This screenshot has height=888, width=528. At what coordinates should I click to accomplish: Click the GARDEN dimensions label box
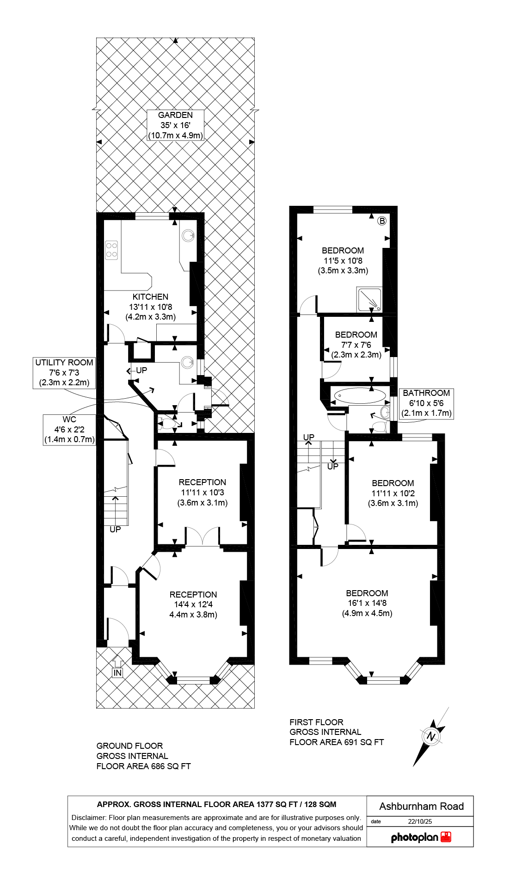pos(175,125)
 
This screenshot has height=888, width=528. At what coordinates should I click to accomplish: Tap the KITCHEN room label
pos(150,307)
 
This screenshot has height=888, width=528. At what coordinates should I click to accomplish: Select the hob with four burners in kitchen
pos(111,250)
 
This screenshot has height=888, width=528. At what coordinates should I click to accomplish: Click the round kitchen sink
pos(188,236)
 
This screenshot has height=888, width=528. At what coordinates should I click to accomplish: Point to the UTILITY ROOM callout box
pos(64,373)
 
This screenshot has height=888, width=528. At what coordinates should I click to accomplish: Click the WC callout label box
pos(69,430)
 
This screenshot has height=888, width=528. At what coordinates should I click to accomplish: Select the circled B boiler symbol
pos(382,221)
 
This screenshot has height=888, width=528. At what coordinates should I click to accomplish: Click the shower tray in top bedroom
pos(369,299)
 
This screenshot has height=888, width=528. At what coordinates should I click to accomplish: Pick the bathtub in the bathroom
pos(359,396)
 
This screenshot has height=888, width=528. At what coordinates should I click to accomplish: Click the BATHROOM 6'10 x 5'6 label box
pos(426,403)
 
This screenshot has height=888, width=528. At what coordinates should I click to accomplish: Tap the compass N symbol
pos(432,736)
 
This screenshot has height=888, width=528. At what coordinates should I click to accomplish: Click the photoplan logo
pos(420,837)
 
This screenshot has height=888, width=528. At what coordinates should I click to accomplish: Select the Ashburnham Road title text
pos(421,807)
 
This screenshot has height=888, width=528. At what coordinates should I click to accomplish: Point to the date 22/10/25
pos(419,822)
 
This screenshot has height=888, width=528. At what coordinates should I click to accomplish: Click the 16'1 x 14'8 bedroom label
pos(367,603)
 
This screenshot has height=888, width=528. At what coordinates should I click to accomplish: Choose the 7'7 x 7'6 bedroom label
pos(356,345)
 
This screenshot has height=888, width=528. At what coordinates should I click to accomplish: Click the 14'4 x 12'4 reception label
pos(193,604)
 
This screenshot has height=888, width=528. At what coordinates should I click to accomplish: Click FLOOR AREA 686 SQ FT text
pos(143,766)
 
